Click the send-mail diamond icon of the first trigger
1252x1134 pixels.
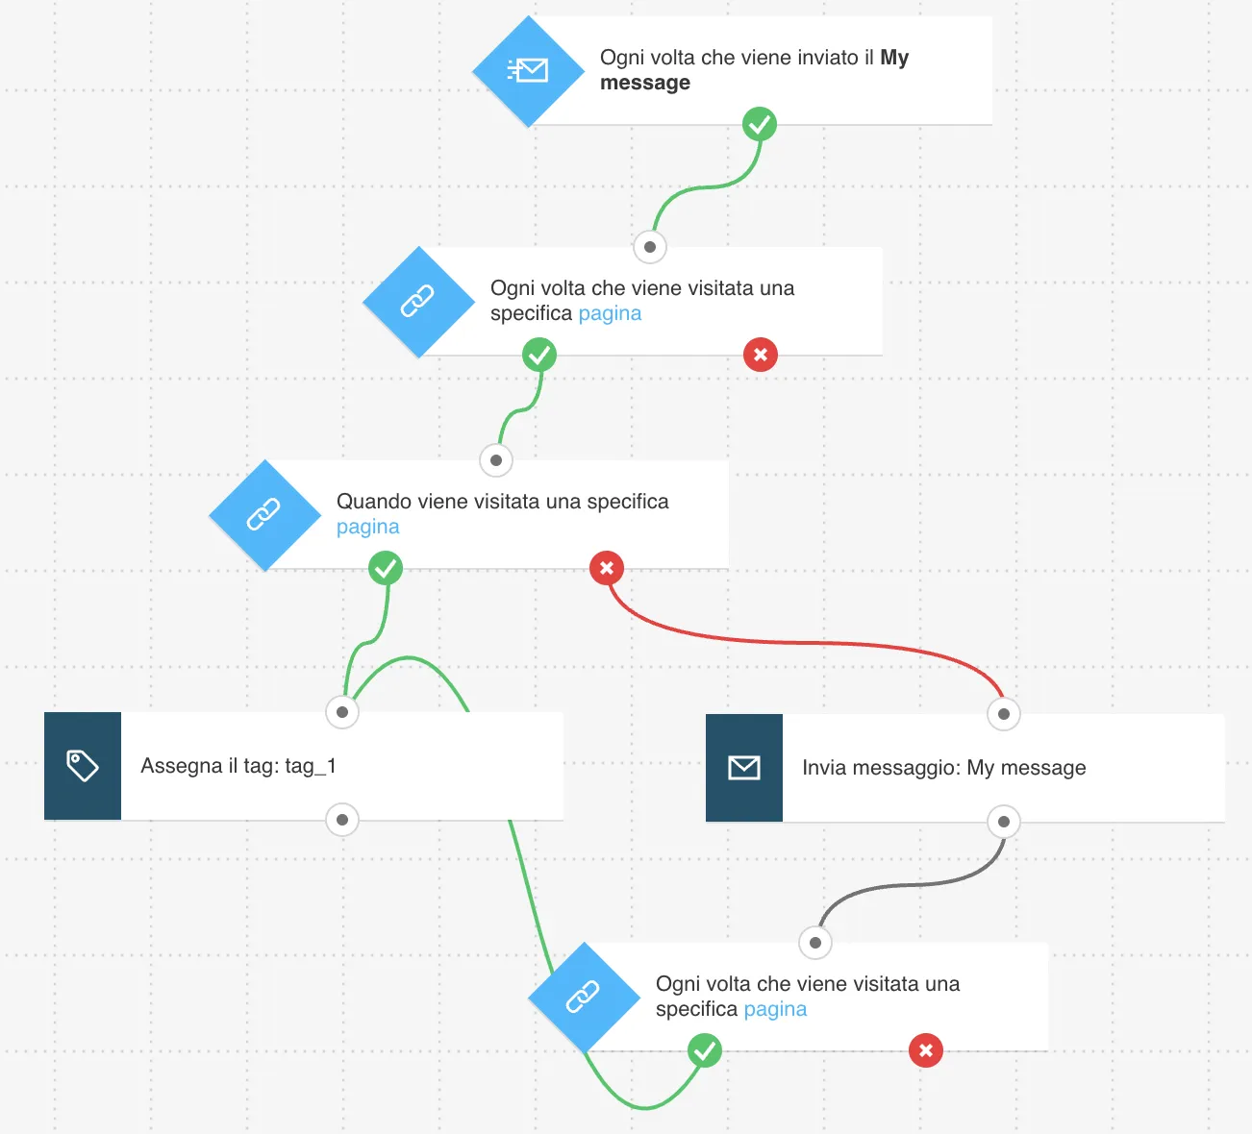pos(528,71)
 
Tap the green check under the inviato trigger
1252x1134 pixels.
pos(760,125)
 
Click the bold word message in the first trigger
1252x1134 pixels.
pos(644,83)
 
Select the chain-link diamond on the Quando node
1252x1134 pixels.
pos(264,515)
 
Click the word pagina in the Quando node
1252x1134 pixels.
pos(367,527)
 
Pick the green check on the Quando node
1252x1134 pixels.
pos(386,568)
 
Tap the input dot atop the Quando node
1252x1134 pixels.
pos(496,460)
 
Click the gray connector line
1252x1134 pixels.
pos(912,884)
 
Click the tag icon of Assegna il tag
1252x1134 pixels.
pos(83,766)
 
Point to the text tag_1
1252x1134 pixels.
pos(311,766)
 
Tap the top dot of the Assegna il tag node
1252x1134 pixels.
pos(342,712)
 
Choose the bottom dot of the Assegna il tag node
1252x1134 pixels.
pos(342,820)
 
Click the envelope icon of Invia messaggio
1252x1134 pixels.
pos(744,768)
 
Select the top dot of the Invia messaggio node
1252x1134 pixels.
pos(1004,714)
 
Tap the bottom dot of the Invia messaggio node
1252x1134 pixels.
pos(1004,822)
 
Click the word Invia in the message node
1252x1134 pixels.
pos(824,768)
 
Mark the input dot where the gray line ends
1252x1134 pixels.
pos(815,943)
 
